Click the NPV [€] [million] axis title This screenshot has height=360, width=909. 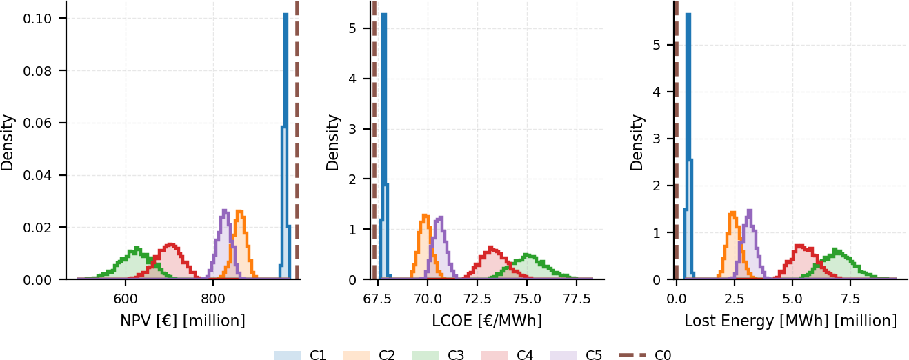(183, 321)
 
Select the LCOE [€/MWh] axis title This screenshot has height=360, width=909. (487, 321)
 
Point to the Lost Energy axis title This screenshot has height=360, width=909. (790, 321)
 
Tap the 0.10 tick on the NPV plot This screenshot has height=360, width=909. (37, 19)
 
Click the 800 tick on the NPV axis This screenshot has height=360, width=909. (213, 299)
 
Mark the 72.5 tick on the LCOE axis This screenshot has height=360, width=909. (477, 299)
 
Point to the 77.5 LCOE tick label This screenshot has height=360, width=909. (577, 299)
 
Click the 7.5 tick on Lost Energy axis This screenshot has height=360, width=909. (850, 299)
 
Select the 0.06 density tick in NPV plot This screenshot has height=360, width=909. (37, 123)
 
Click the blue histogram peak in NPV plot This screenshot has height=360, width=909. (286, 14)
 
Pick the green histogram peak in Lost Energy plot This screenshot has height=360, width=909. (835, 249)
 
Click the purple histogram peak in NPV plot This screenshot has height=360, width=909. (225, 210)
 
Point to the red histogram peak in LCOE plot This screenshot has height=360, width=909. (490, 247)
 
